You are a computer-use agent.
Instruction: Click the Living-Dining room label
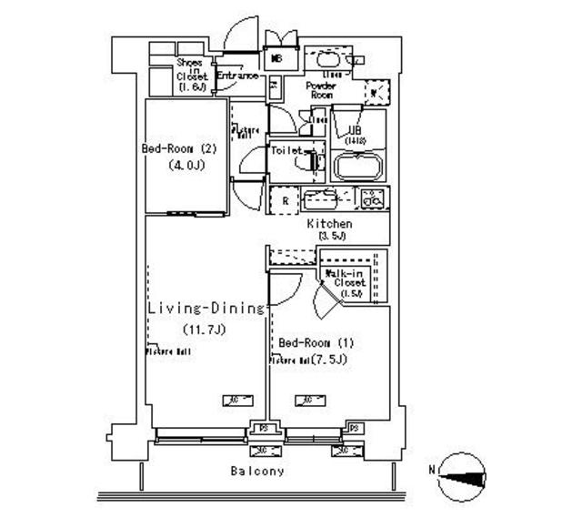pos(206,309)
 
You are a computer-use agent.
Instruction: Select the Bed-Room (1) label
pos(316,342)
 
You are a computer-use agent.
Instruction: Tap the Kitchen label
pos(328,224)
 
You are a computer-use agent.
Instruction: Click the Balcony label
pos(256,472)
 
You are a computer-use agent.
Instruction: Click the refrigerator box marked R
pos(285,200)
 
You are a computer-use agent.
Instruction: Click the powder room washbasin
pos(326,58)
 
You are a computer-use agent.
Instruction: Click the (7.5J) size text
pos(330,360)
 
